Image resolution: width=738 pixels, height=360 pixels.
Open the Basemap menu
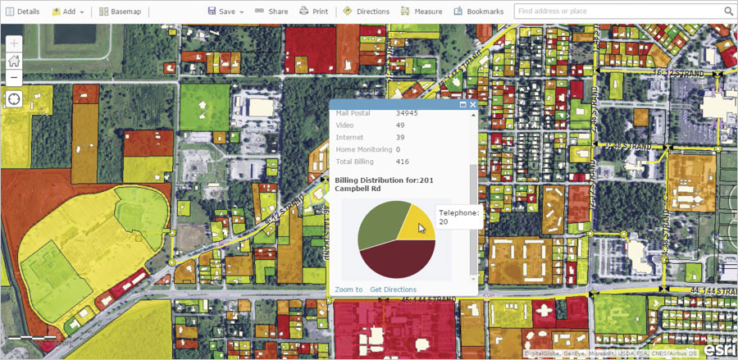(x=120, y=11)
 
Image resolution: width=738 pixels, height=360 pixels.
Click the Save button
(x=225, y=11)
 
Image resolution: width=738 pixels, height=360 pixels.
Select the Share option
(x=271, y=11)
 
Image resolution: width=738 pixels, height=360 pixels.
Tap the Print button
(x=313, y=11)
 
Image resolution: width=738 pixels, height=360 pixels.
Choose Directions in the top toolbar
(x=367, y=11)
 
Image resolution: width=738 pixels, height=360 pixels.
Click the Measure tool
(x=421, y=11)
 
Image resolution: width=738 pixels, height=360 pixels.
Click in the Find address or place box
(x=615, y=11)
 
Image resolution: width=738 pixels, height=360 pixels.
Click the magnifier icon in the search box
(x=728, y=11)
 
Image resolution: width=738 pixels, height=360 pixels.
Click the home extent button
(x=14, y=60)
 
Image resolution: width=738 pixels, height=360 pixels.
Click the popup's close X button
(x=472, y=105)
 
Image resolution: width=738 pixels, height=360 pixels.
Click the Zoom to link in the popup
(x=348, y=289)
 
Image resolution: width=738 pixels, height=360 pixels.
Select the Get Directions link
(x=393, y=289)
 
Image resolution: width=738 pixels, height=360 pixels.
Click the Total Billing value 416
(x=403, y=162)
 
